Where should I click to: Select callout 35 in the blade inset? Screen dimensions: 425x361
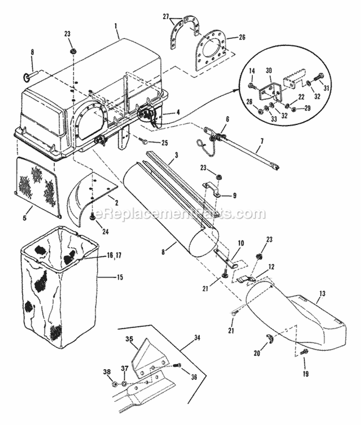tap(129, 339)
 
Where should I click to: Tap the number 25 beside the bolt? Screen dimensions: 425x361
tap(165, 143)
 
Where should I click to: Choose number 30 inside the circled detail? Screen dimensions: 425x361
tap(268, 70)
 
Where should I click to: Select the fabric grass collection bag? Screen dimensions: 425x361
tap(58, 288)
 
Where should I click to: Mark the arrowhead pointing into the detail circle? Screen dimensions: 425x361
tap(239, 89)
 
